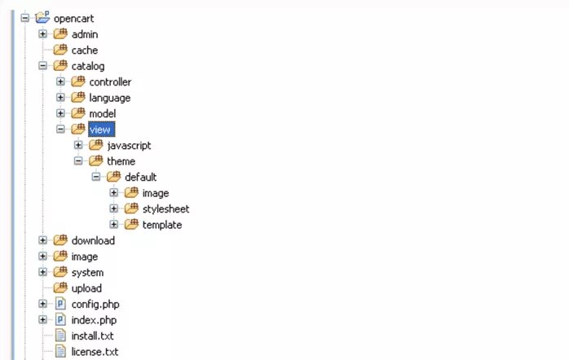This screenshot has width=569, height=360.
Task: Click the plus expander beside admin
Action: [42, 34]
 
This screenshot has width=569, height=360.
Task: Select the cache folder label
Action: [85, 50]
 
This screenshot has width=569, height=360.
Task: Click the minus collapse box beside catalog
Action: [42, 66]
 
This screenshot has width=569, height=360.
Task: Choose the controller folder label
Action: [110, 82]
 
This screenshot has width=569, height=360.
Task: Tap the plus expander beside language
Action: [60, 98]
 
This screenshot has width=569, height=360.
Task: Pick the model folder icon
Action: [78, 113]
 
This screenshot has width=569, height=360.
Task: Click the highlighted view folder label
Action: [101, 130]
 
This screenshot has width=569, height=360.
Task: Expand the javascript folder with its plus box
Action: [78, 145]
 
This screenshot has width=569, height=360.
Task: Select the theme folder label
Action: [121, 161]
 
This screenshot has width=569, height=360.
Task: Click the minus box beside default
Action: [96, 177]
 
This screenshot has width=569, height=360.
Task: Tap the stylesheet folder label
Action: [165, 209]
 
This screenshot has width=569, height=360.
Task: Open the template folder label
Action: [162, 225]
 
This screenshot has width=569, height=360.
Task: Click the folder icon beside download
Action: [60, 240]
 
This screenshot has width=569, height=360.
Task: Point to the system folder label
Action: [87, 273]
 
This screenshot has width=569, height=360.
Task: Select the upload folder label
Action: [87, 288]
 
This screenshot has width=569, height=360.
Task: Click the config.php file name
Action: [95, 305]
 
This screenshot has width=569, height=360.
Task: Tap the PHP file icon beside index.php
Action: [60, 320]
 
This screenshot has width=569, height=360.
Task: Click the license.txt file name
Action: [95, 352]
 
